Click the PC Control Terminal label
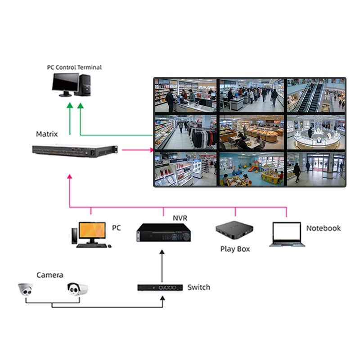tap(74, 67)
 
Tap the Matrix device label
tap(47, 134)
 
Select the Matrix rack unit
tap(75, 151)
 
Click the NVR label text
tap(180, 218)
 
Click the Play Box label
tap(235, 249)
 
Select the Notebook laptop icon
tap(287, 234)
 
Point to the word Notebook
tap(323, 228)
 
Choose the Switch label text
tap(198, 287)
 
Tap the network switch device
tap(160, 287)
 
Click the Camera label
tap(49, 275)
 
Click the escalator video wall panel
tap(315, 96)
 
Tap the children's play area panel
tap(251, 169)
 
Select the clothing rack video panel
tap(185, 133)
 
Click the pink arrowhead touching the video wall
tap(151, 150)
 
